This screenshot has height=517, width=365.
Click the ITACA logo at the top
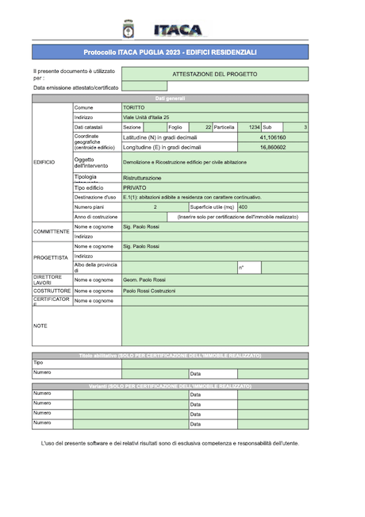(x=178, y=29)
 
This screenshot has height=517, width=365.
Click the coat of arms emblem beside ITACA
(x=129, y=29)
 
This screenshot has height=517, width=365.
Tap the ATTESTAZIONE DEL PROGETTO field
(x=214, y=73)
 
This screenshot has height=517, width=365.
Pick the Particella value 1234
(x=254, y=127)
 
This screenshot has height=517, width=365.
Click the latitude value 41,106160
(x=273, y=137)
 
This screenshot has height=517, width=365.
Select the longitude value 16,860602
(x=273, y=147)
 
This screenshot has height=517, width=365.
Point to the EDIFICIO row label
(x=44, y=162)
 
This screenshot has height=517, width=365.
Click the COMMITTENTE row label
(x=52, y=231)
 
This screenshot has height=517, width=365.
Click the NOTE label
(x=40, y=326)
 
